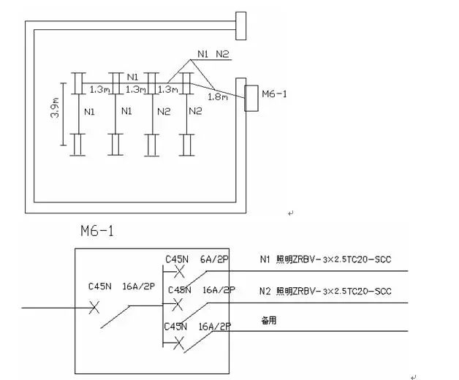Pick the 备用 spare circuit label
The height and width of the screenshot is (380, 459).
269,320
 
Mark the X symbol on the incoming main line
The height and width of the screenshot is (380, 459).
94,308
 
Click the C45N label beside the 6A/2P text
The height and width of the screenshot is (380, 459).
178,259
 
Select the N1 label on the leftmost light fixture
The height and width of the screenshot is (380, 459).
89,112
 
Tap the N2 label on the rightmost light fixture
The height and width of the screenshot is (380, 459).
194,112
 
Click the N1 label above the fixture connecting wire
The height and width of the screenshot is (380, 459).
132,77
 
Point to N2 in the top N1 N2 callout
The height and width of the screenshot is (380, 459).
223,53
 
